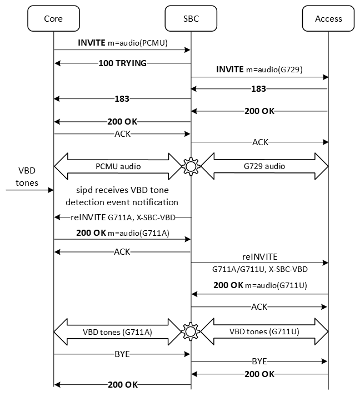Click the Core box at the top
53,18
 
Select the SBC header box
191,18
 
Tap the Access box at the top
328,18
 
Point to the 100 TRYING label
122,63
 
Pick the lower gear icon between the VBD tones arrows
191,332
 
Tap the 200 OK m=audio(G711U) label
259,285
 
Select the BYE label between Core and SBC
122,353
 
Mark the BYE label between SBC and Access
259,360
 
